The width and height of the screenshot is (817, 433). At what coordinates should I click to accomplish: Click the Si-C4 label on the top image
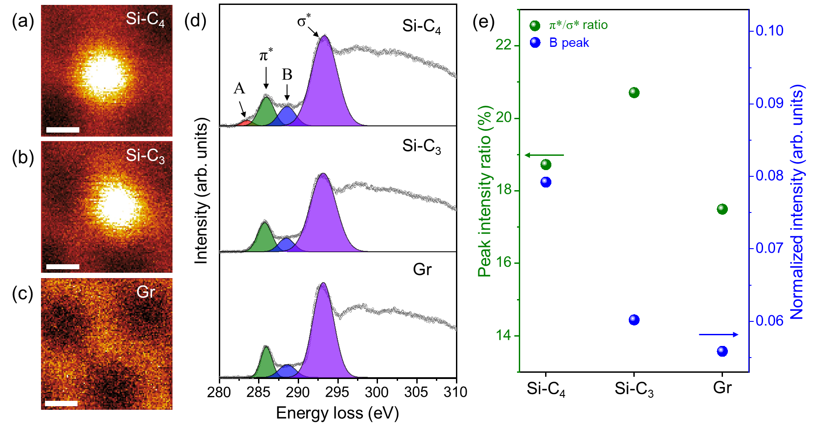(145, 19)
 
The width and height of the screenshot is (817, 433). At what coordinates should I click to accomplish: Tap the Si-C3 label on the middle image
(145, 156)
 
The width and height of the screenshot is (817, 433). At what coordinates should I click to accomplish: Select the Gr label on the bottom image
(145, 292)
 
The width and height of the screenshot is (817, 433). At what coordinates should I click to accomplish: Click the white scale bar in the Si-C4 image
(62, 130)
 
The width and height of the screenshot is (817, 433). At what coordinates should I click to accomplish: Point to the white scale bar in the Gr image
(62, 404)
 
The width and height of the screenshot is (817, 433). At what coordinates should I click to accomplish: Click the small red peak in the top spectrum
(245, 122)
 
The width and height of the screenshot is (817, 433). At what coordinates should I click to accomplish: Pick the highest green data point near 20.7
(634, 92)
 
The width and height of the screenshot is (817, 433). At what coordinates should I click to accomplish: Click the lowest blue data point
(722, 351)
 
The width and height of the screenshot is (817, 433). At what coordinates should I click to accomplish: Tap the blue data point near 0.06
(634, 320)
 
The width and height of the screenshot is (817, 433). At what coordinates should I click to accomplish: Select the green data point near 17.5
(722, 209)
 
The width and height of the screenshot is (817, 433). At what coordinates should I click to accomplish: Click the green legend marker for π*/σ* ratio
(535, 25)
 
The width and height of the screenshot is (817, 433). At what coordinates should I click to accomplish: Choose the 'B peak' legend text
(569, 43)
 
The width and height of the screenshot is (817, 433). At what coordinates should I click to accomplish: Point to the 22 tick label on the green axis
(504, 45)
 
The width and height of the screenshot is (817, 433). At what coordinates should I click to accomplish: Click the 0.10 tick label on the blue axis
(769, 31)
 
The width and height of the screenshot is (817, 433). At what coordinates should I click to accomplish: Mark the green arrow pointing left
(544, 155)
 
